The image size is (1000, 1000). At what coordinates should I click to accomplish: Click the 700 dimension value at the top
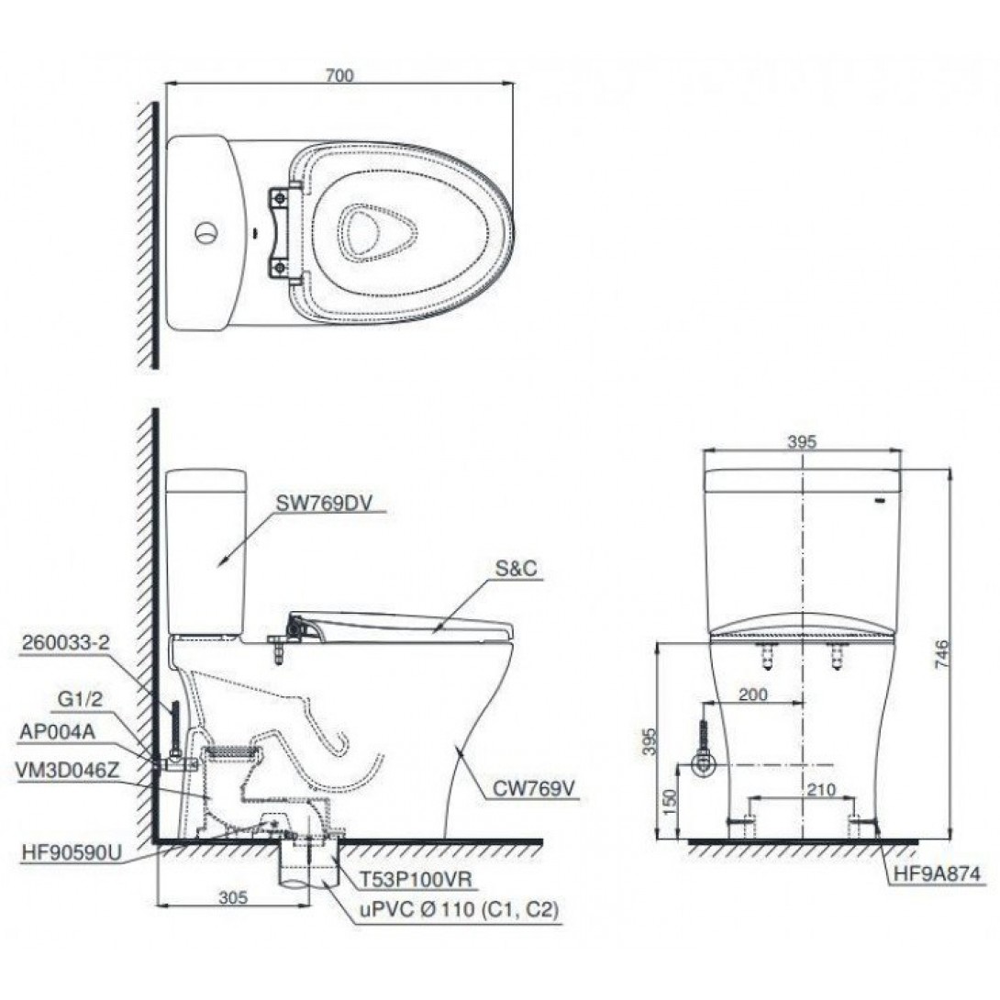(339, 75)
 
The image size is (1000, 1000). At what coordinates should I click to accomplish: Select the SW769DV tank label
(323, 503)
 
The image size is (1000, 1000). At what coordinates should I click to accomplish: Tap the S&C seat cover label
(517, 569)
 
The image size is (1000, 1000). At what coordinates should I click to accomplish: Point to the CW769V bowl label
(534, 790)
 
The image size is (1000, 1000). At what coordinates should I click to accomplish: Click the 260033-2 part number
(66, 643)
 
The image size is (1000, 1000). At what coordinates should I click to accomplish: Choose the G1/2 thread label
(80, 700)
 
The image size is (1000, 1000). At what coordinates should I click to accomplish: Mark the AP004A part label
(58, 732)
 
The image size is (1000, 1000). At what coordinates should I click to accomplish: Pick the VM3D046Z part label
(69, 771)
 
